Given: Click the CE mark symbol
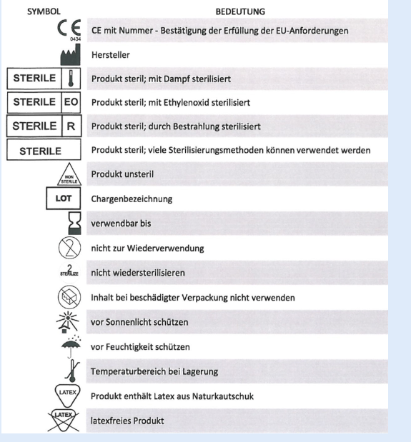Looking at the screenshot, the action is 69,28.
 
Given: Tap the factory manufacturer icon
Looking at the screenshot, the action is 71,56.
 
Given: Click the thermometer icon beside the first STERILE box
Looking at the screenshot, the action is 71,79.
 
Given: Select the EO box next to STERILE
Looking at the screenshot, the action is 71,102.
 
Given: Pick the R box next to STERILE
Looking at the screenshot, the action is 71,126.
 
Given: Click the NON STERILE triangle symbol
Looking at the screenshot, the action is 69,174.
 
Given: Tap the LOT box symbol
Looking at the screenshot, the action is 64,199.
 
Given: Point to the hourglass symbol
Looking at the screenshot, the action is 74,223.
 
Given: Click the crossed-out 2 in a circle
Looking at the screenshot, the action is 69,248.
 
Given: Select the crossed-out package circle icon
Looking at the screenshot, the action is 69,297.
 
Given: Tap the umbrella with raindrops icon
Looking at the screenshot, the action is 71,347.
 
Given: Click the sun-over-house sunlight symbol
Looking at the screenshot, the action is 67,322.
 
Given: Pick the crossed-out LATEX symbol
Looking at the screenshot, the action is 63,421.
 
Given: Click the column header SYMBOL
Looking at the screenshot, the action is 44,11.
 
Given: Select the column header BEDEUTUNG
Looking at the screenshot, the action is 240,11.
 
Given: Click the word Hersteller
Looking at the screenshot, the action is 111,55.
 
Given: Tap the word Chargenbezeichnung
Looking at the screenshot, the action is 132,199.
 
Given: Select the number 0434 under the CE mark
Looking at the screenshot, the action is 75,39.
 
